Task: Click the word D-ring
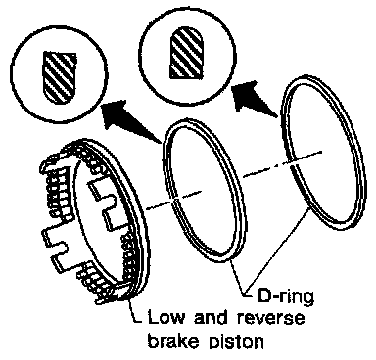(x=286, y=296)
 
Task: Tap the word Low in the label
(x=165, y=317)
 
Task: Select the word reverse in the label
(x=270, y=318)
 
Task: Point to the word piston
(x=236, y=341)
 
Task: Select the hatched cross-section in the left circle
(x=61, y=77)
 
